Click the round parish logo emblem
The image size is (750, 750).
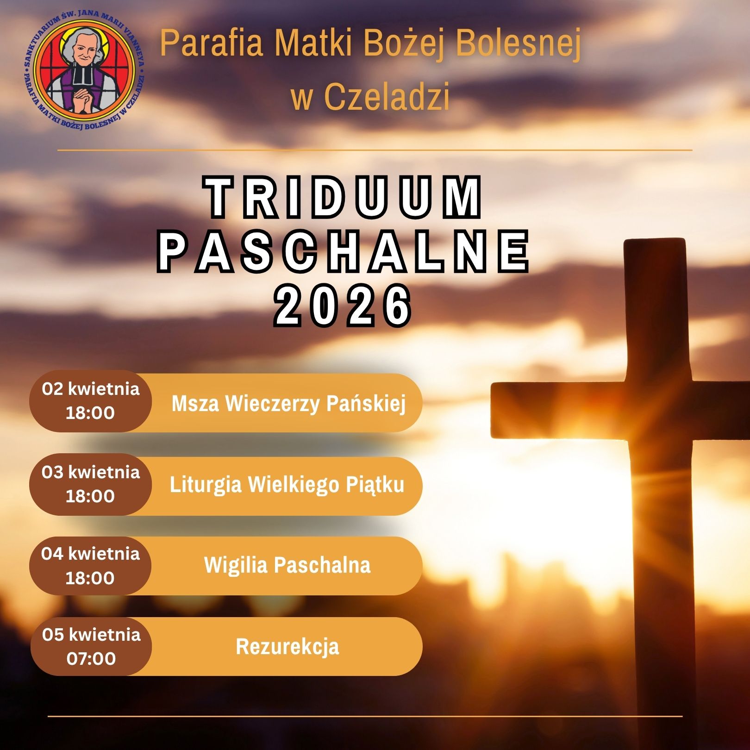pos(83,71)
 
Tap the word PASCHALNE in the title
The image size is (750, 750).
pos(344,252)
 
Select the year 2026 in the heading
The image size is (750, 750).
pos(344,305)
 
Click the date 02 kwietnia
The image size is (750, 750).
pos(91,389)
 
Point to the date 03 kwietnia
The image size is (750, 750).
pos(91,472)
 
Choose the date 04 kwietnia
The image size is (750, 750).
pos(90,554)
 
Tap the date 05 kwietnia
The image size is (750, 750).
pos(91,634)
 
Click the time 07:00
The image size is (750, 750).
pos(91,658)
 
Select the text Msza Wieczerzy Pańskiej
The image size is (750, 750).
pos(288,403)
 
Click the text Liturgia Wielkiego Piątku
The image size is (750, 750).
pos(287,485)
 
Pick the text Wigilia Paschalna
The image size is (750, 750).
pos(287,565)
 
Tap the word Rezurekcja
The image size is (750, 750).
pos(287,646)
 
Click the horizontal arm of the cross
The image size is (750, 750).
pos(620,410)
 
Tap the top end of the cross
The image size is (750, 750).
pos(654,239)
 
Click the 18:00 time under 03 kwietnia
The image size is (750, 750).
pos(90,496)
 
